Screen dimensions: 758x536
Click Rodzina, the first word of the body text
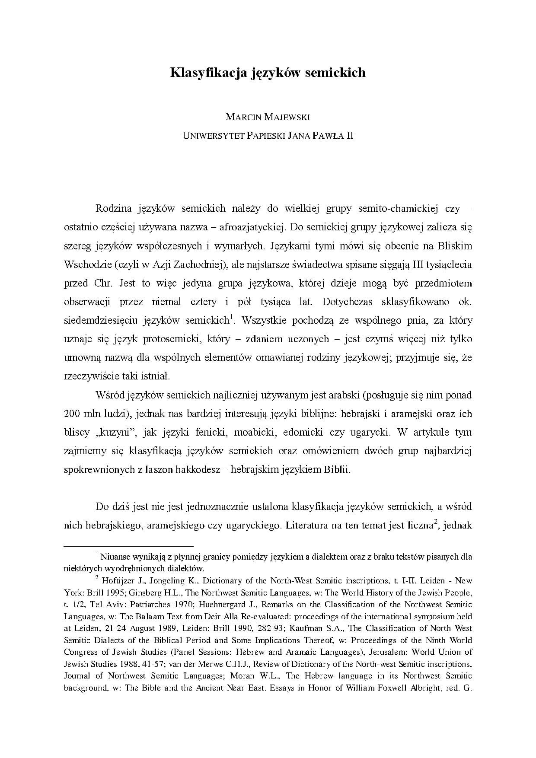click(x=113, y=208)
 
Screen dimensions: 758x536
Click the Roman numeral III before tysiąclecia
click(x=416, y=264)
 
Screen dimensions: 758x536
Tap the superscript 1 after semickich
click(x=232, y=318)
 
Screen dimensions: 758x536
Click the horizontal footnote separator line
click(x=128, y=546)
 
